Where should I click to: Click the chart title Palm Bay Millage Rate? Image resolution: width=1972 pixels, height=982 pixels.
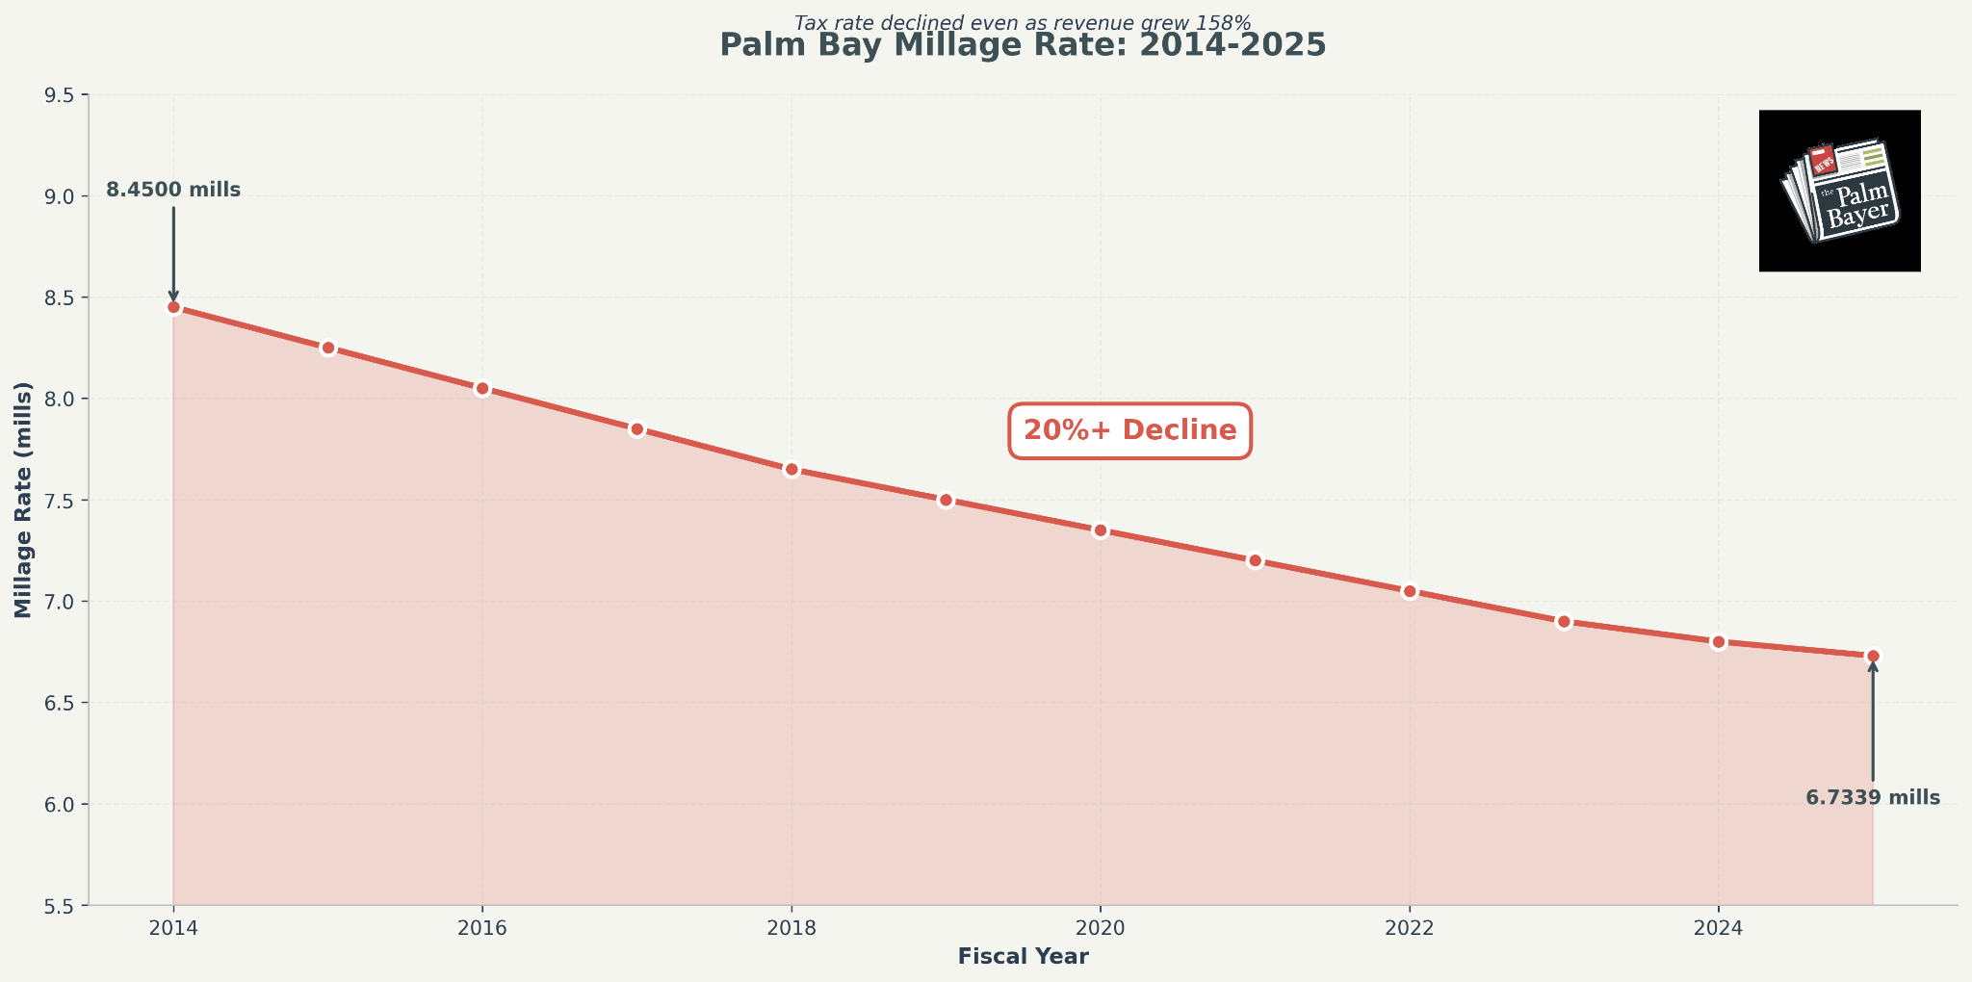click(x=1023, y=46)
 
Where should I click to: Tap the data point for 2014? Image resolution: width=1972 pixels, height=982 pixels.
click(x=173, y=307)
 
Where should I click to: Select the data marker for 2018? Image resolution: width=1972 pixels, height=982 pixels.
click(x=791, y=470)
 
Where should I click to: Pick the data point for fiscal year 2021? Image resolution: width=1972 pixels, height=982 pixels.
click(x=1255, y=560)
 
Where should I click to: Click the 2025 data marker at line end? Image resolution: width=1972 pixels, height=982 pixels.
click(x=1873, y=656)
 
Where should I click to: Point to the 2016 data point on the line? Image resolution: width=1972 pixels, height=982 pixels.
click(x=482, y=389)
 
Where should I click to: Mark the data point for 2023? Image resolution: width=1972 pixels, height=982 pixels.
click(x=1564, y=622)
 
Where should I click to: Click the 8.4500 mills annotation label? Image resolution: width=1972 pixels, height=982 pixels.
click(x=173, y=191)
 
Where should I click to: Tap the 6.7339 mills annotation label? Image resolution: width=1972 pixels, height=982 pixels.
click(x=1873, y=798)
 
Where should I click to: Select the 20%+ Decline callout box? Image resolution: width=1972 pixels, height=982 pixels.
click(x=1129, y=430)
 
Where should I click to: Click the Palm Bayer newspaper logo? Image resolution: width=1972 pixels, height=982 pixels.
click(x=1839, y=191)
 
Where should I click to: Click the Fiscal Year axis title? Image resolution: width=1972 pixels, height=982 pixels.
click(x=1023, y=957)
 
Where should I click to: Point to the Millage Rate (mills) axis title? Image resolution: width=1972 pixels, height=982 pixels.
click(x=23, y=500)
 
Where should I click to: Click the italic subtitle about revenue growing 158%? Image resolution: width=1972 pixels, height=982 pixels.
click(x=1023, y=22)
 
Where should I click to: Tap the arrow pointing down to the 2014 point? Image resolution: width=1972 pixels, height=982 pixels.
click(x=173, y=253)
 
